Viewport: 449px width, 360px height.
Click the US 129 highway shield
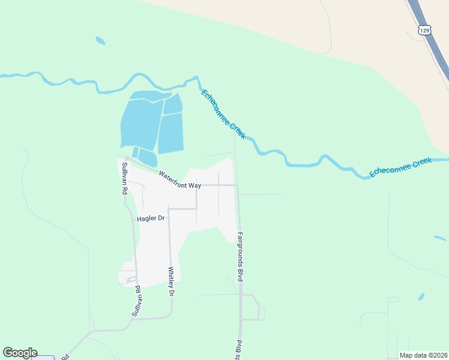pos(425,30)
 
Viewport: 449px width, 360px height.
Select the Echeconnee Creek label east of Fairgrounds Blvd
pos(400,167)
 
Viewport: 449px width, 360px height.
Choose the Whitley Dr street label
pos(171,282)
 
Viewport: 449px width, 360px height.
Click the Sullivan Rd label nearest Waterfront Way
pos(125,178)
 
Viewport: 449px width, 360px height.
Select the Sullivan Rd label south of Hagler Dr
pos(137,301)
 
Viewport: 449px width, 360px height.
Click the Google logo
pos(20,353)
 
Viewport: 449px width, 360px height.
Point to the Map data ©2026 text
pos(423,355)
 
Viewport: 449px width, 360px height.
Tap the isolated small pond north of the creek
pos(100,41)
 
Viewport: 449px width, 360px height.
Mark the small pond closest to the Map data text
pos(421,297)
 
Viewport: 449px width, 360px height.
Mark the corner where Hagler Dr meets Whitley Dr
pos(169,209)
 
